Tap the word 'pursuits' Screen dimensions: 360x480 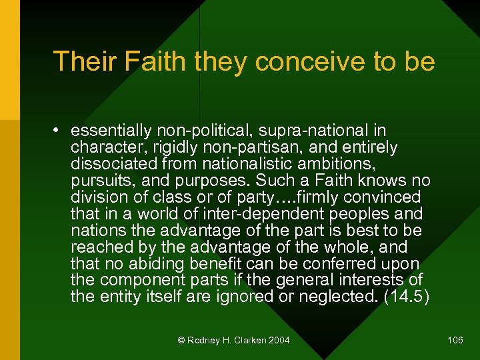click(97, 181)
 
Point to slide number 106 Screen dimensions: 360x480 click(455, 341)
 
